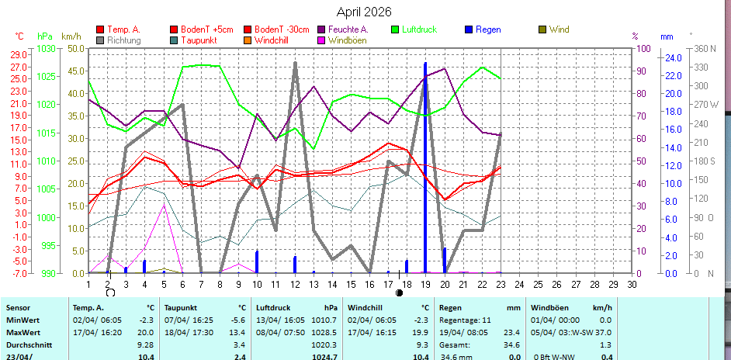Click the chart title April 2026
click(x=364, y=12)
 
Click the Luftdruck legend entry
click(x=418, y=29)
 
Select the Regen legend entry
click(x=488, y=29)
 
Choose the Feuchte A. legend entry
click(x=348, y=29)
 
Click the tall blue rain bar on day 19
click(x=425, y=155)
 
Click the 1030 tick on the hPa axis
click(x=46, y=48)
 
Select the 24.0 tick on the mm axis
click(x=672, y=57)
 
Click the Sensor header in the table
click(x=18, y=308)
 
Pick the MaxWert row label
click(x=23, y=331)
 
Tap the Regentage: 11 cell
click(x=465, y=320)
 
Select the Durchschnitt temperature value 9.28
click(x=144, y=344)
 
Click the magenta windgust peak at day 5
click(x=164, y=206)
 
